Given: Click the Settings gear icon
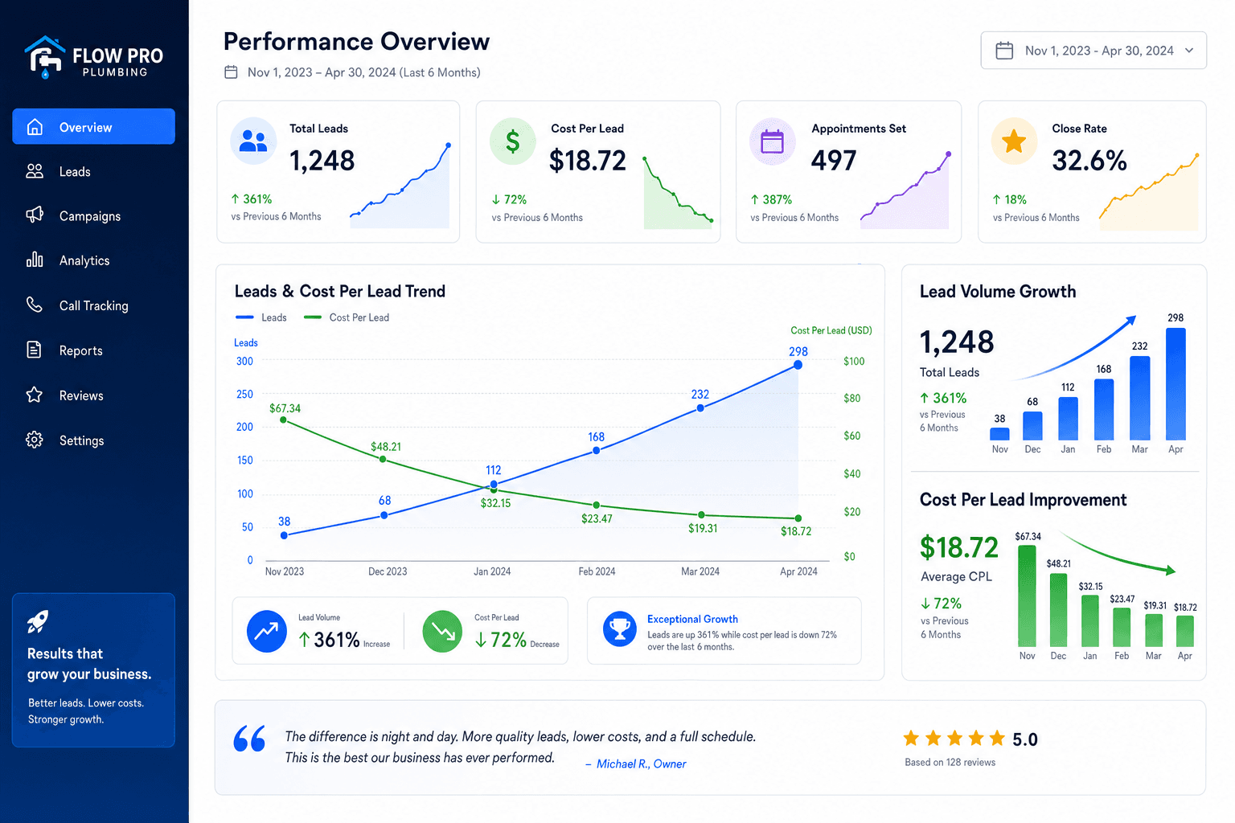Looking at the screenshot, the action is coord(35,440).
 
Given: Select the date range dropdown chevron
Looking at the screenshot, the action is coord(1189,50).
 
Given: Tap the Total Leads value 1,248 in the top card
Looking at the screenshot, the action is coord(322,161).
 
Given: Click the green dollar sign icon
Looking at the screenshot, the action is coord(513,141).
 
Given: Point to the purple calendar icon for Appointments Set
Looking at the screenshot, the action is coord(772,141).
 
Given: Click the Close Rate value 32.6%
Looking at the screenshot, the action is coord(1089,161).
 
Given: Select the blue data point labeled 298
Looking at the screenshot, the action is coord(798,365).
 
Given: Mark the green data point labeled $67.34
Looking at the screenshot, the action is coord(283,420).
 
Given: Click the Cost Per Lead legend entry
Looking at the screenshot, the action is coord(347,317).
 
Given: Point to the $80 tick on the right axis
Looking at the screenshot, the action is coord(851,398).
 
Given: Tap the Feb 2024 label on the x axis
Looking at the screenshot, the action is coord(597,571).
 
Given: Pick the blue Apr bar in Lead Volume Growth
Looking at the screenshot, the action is coord(1176,383).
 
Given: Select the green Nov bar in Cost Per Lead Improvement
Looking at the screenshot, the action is coord(1027,596).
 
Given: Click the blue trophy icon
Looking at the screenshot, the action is coord(620,629).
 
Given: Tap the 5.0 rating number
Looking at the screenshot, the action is coord(1025,739).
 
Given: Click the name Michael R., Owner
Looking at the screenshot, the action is coord(641,764).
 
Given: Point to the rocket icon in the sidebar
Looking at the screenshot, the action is coord(38,622).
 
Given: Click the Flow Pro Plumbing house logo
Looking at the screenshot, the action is coord(45,57).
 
